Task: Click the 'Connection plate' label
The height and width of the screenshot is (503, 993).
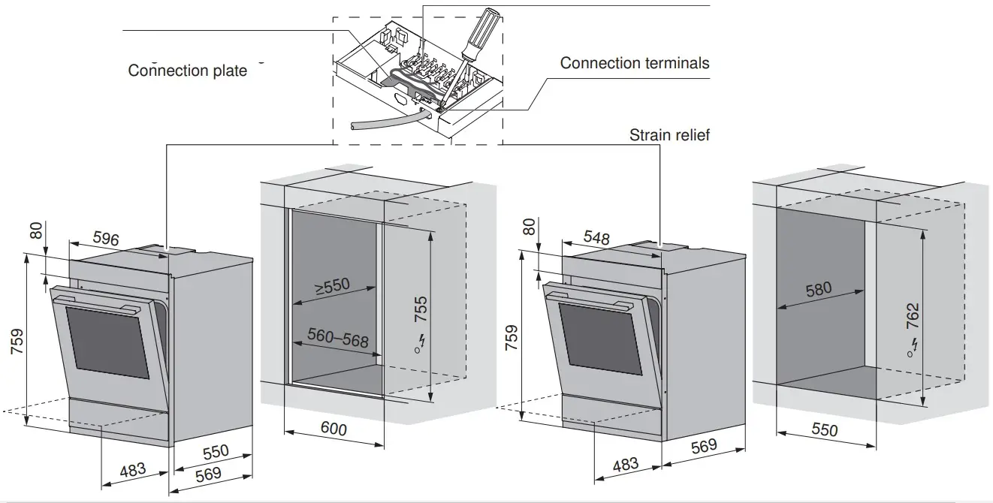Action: [187, 71]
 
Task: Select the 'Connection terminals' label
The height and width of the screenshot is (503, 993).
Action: [634, 63]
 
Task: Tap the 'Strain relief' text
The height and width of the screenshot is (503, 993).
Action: [669, 135]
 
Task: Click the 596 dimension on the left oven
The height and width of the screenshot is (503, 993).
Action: [106, 239]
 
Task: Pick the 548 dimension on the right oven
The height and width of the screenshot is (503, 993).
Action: [596, 238]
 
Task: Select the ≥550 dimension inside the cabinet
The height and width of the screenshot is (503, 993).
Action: [333, 286]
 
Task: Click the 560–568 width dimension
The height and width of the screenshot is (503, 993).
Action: [338, 339]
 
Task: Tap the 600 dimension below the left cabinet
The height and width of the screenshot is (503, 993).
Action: [334, 429]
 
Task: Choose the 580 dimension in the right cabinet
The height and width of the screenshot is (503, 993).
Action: [818, 288]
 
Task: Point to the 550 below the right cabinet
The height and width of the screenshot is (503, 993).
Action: [825, 430]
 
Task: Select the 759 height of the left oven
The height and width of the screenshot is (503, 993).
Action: [16, 342]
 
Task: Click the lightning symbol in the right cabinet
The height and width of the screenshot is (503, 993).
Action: [913, 346]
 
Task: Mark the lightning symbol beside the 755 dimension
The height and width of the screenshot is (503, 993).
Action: [421, 342]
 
